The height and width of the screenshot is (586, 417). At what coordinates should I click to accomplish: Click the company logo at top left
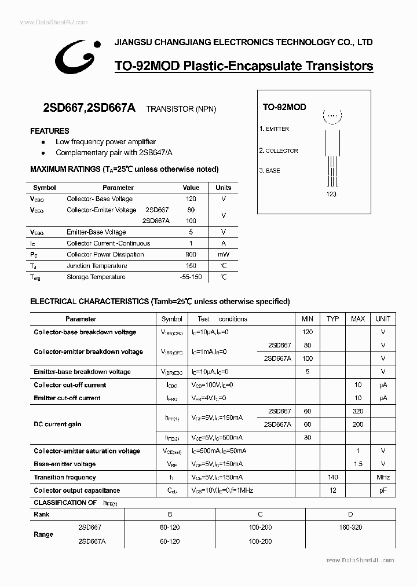click(74, 55)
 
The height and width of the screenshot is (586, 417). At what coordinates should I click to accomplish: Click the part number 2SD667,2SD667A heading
click(89, 107)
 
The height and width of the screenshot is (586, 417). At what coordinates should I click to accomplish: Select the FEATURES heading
click(50, 131)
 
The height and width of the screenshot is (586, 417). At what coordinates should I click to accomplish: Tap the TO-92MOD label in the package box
click(284, 107)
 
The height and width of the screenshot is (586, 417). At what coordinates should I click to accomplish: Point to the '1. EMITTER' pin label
click(274, 129)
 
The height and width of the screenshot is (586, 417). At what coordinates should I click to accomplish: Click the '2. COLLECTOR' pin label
click(279, 151)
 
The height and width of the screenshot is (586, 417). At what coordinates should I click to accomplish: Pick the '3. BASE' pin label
click(270, 171)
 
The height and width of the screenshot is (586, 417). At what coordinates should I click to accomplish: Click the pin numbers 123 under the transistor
click(331, 194)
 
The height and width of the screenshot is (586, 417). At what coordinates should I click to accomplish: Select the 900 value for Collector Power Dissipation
click(191, 254)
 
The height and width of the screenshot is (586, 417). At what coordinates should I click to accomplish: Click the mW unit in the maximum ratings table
click(224, 254)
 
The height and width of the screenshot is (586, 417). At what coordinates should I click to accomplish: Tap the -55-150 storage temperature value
click(191, 277)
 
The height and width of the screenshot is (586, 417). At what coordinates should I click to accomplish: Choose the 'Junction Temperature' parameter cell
click(97, 266)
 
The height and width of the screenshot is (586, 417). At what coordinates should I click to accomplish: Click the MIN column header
click(308, 319)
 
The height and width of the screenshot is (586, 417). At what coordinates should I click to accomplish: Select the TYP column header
click(332, 319)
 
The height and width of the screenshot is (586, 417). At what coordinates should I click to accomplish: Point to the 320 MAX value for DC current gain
click(358, 411)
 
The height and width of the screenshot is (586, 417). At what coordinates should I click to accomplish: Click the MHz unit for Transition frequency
click(383, 477)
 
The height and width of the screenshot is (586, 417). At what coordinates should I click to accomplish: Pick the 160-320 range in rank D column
click(351, 528)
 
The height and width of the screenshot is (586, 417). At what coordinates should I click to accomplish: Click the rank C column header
click(261, 514)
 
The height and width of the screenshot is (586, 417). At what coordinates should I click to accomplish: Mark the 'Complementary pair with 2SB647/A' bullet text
click(114, 153)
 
